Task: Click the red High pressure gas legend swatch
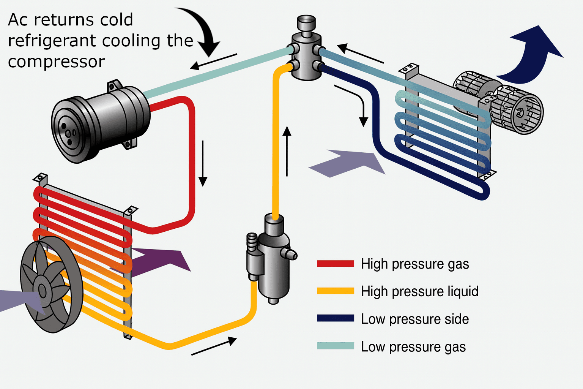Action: tap(336, 264)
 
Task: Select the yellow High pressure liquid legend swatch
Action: tap(336, 291)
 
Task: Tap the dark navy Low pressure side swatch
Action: tap(336, 319)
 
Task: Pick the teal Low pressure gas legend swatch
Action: tap(336, 346)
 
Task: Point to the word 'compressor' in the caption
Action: tap(56, 62)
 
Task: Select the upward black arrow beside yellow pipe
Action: tap(287, 152)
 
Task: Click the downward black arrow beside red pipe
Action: tap(203, 163)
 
